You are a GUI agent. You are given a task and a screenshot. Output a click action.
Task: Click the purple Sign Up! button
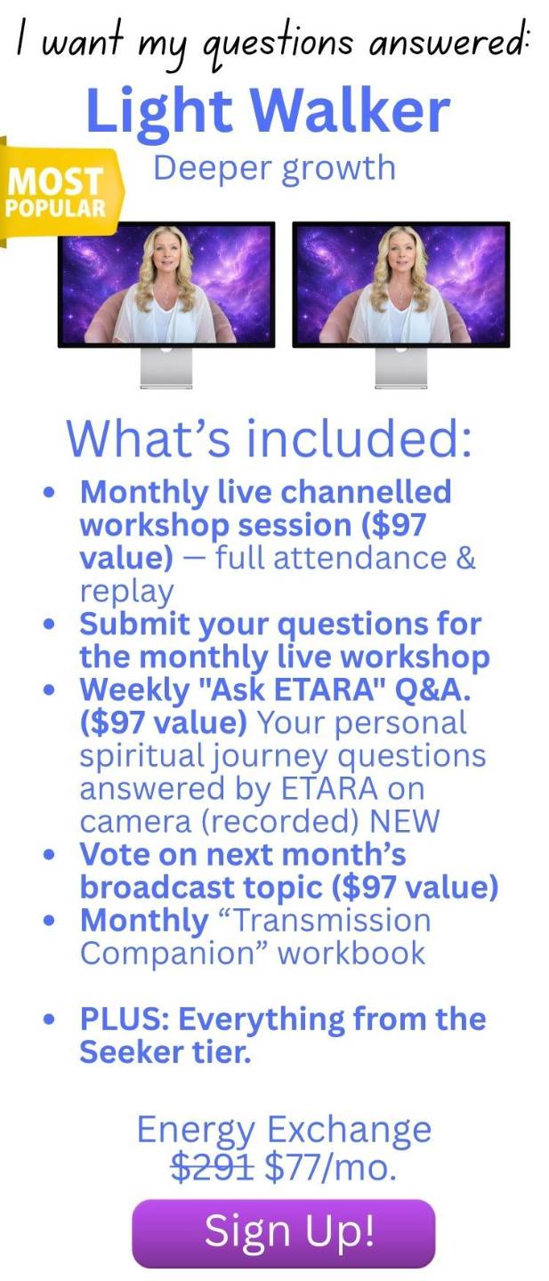[284, 1232]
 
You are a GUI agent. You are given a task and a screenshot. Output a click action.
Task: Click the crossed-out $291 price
[213, 1167]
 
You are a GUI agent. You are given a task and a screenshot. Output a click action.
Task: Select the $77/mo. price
[330, 1167]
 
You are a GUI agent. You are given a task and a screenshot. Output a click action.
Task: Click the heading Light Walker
[268, 111]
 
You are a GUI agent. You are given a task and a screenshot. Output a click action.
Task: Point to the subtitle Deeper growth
[274, 169]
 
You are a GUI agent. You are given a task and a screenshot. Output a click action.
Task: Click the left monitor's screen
[166, 285]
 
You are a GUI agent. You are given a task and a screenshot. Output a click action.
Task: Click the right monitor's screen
[401, 285]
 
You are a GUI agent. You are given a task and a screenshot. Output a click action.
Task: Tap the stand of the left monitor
[166, 367]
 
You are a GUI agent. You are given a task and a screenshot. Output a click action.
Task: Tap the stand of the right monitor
[401, 367]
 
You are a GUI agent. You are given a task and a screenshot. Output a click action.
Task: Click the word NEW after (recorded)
[404, 821]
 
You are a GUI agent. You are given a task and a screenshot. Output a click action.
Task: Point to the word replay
[126, 592]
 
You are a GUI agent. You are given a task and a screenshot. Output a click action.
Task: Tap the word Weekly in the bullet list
[134, 689]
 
